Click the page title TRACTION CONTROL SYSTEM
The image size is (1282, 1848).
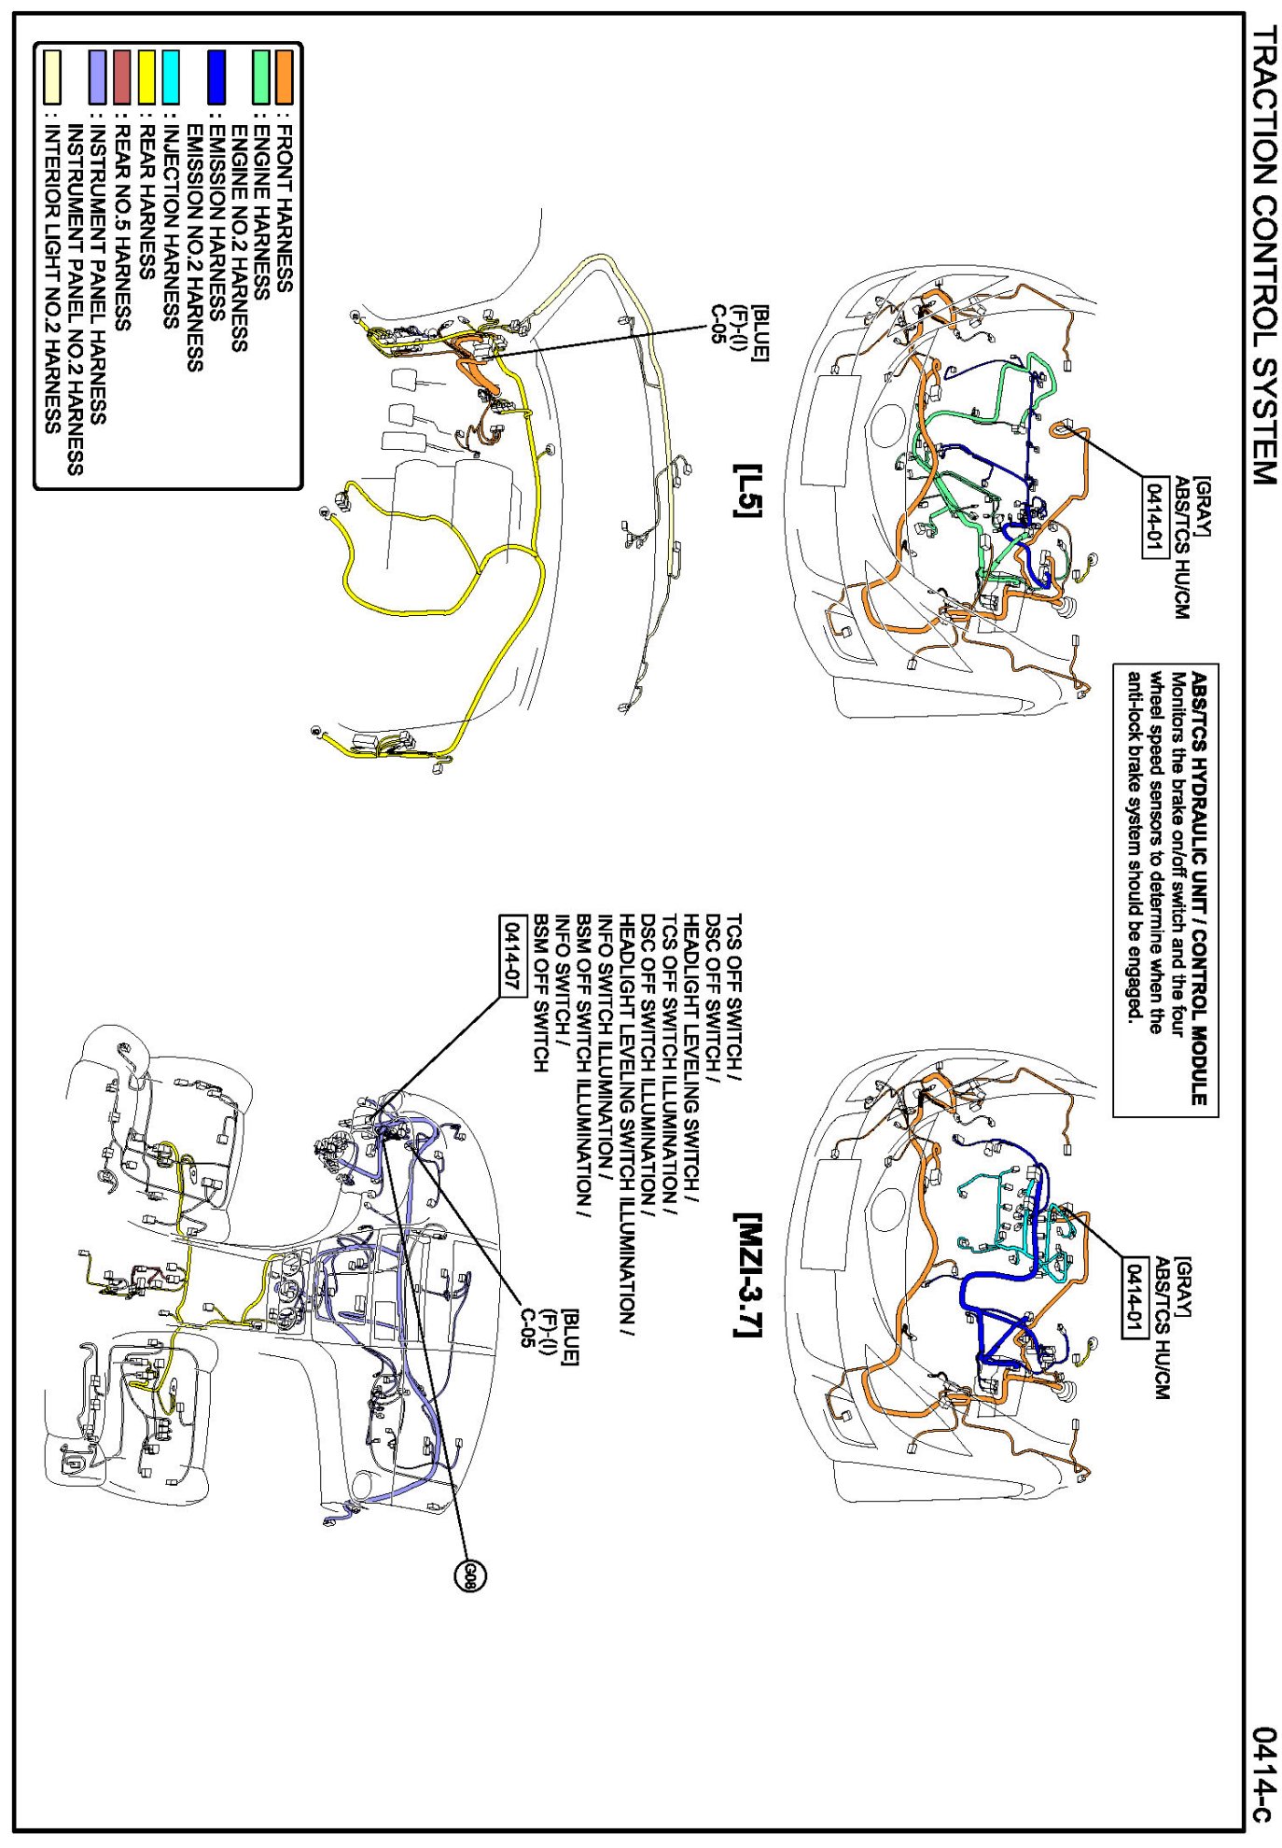[x=1262, y=254]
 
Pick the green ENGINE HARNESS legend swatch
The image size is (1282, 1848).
[x=261, y=77]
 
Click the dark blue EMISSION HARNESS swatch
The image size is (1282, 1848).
[x=216, y=77]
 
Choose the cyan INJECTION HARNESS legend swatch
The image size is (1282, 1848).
[x=171, y=77]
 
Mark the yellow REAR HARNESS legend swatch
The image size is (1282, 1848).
[x=147, y=77]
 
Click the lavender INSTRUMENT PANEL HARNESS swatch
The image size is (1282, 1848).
[x=97, y=77]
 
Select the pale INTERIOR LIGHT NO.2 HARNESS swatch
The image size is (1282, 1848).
[x=52, y=77]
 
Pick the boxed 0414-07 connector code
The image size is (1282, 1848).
[x=512, y=955]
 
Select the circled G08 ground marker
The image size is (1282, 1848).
[x=470, y=1576]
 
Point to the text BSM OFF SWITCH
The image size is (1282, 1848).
[x=540, y=993]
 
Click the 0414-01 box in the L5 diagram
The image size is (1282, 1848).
[x=1155, y=516]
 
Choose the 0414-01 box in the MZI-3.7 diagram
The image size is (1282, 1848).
[x=1134, y=1296]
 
